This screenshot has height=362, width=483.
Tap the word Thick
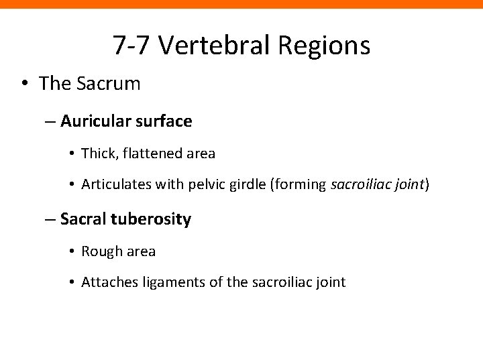point(98,154)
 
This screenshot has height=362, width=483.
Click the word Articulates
point(114,185)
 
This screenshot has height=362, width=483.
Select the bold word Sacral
point(83,219)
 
